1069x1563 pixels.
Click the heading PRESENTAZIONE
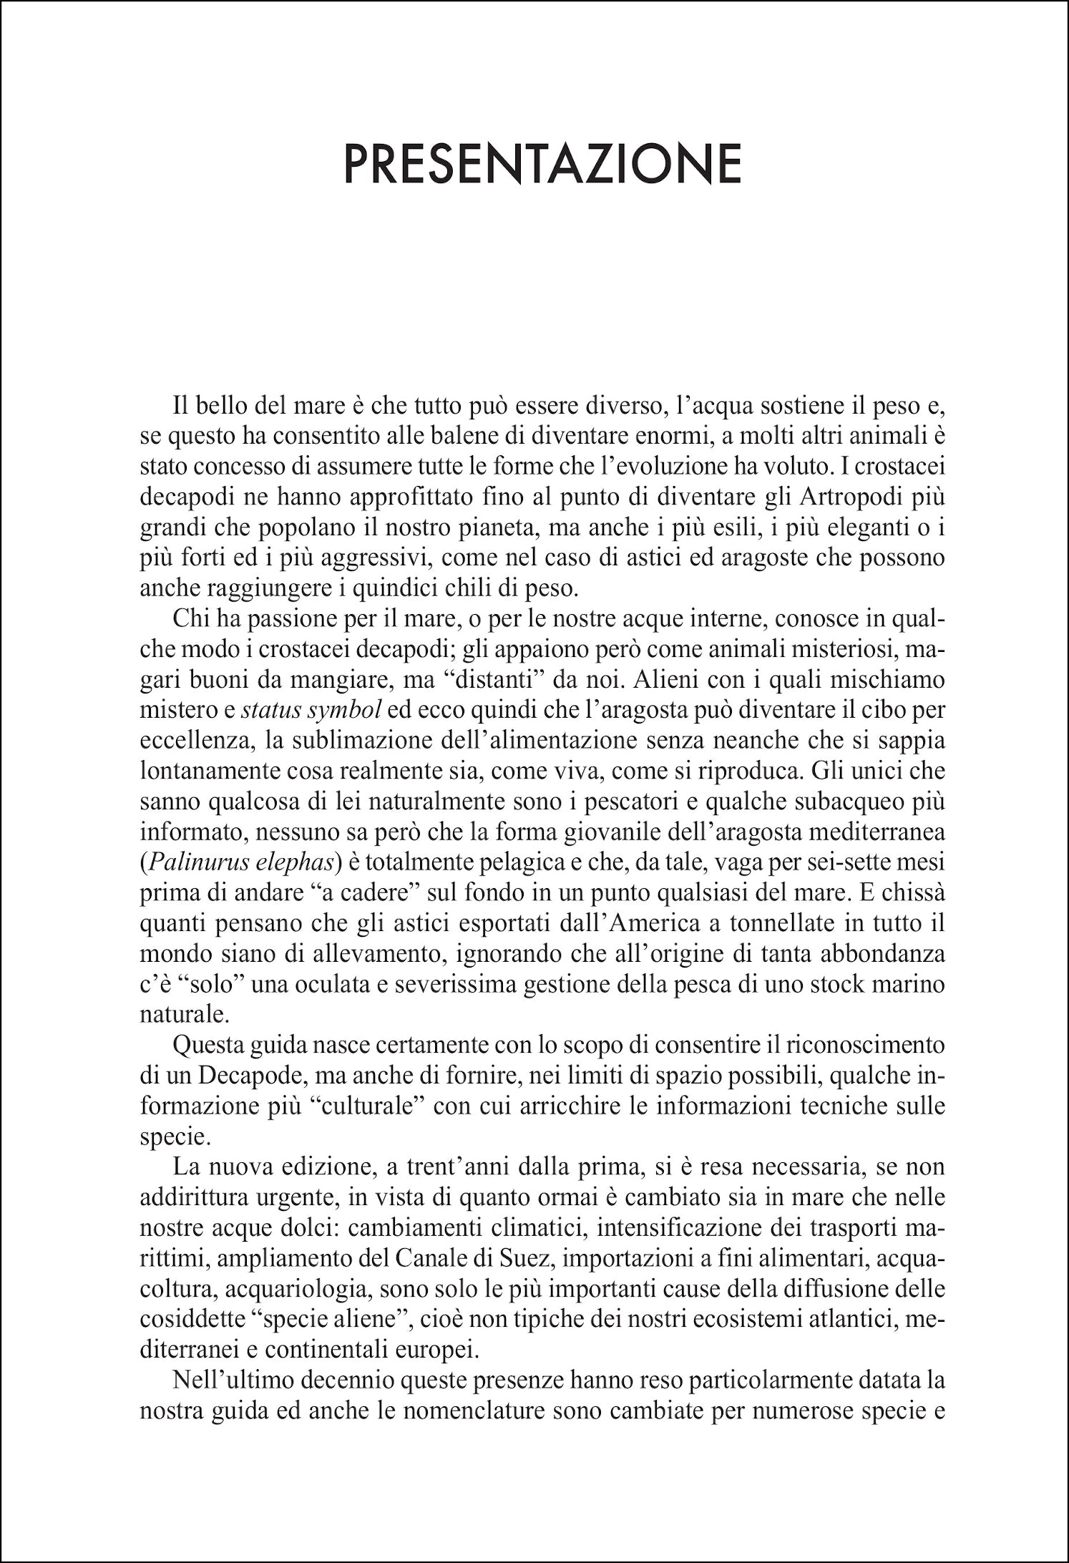[x=542, y=165]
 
